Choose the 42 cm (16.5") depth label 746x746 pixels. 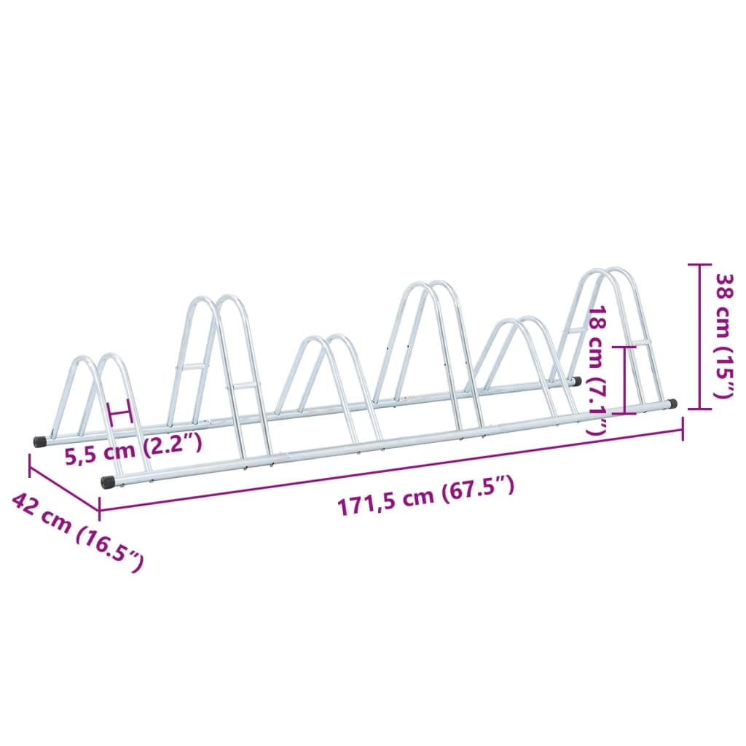click(77, 531)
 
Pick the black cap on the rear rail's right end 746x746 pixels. click(576, 380)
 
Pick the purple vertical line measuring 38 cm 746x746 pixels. click(699, 337)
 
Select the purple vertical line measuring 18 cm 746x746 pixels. click(625, 379)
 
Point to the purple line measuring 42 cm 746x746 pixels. click(64, 482)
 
